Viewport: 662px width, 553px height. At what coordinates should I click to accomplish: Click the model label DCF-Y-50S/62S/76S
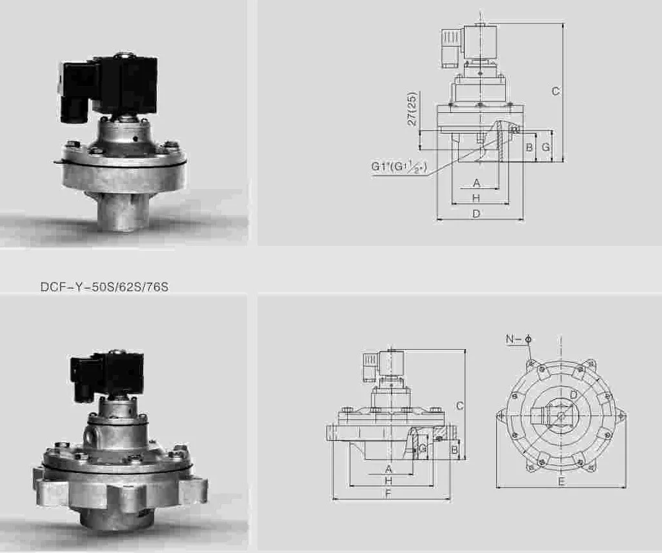click(x=104, y=287)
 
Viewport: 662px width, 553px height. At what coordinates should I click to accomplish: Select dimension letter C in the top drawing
click(x=555, y=92)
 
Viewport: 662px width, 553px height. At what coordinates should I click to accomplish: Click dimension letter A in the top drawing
click(x=476, y=183)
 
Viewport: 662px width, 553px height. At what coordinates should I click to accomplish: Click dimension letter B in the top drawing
click(x=529, y=147)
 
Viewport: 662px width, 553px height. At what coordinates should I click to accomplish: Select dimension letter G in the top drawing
click(x=545, y=147)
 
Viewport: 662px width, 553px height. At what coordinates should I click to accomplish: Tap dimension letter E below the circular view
click(x=561, y=482)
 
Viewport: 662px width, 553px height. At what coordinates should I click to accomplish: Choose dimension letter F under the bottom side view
click(x=388, y=494)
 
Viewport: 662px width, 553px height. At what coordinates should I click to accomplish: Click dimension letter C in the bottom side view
click(x=459, y=406)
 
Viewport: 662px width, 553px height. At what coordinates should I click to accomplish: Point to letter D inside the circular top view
click(x=573, y=395)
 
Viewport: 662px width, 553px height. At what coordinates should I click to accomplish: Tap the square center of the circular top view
click(x=561, y=414)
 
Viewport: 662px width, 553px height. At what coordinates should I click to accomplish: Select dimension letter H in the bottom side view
click(x=388, y=481)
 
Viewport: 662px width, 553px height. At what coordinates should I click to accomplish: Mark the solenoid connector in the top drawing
click(x=450, y=49)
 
